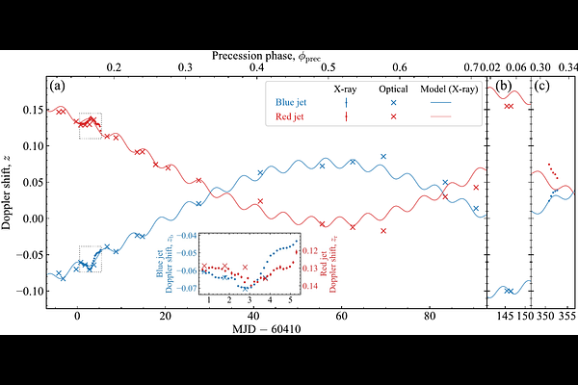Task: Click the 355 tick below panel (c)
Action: [x=568, y=317]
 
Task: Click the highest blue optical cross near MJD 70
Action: [x=383, y=156]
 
